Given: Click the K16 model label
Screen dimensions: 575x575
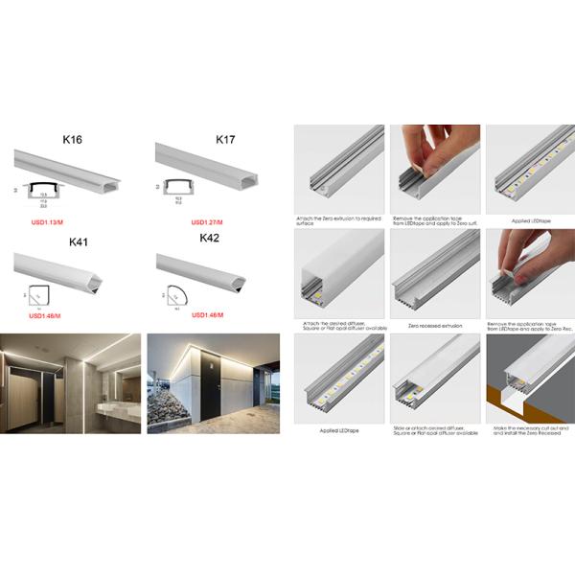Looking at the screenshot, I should click(x=71, y=140).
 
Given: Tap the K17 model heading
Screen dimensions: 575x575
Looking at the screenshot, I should click(x=225, y=140).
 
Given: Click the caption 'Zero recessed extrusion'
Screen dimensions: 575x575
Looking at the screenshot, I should click(x=434, y=326).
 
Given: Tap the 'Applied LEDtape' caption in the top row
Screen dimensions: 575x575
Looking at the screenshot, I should click(x=527, y=221).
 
